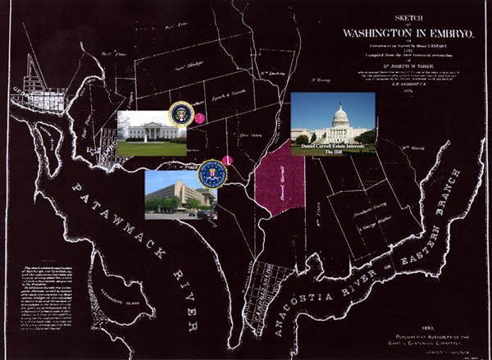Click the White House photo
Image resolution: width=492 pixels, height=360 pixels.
(x=151, y=134)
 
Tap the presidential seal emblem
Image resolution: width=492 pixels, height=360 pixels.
(x=180, y=113)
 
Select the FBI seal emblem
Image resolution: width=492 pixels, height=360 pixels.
(x=211, y=174)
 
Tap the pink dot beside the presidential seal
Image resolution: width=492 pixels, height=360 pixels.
(x=199, y=119)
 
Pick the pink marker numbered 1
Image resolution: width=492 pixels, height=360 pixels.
(x=228, y=159)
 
